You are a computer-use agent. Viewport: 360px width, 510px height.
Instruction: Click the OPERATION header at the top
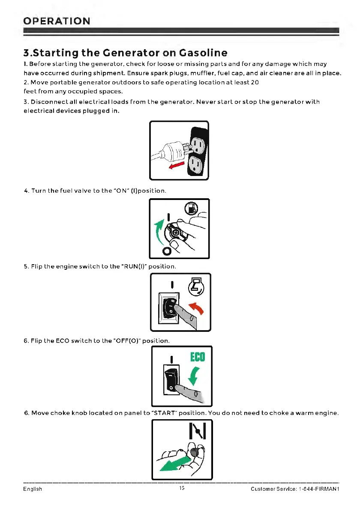57,21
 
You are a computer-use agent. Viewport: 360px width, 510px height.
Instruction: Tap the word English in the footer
33,489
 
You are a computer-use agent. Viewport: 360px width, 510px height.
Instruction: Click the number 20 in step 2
254,83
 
